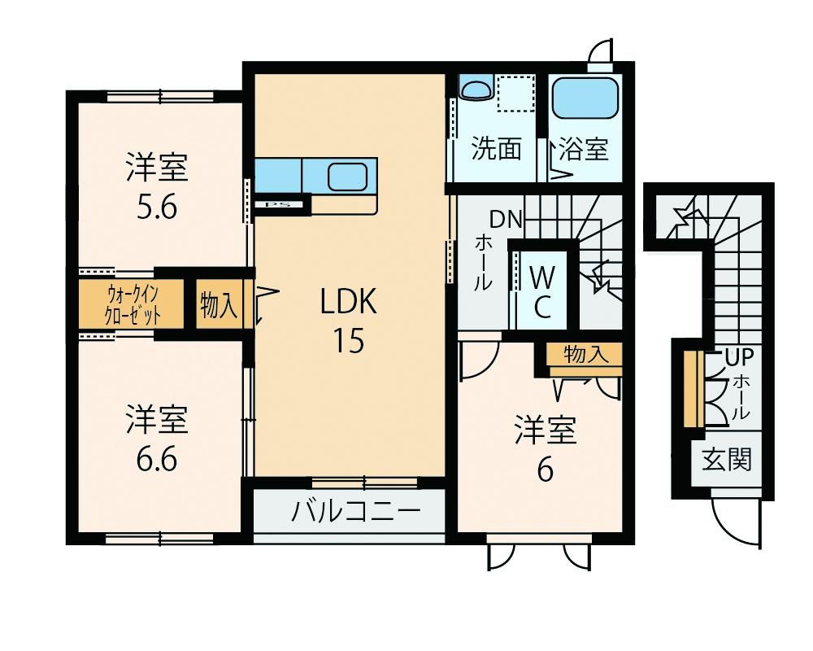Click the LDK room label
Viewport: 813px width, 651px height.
tap(349, 302)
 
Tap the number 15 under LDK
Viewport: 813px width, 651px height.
tap(349, 341)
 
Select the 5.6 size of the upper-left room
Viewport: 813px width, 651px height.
tap(157, 208)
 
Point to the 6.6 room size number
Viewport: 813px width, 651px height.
tap(157, 460)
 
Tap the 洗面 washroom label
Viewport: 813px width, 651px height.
tap(496, 149)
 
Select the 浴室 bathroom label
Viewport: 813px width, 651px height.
tap(583, 149)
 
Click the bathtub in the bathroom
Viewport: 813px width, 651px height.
tap(585, 98)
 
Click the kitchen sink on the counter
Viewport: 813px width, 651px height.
tap(347, 176)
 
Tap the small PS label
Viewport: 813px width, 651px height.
tap(277, 204)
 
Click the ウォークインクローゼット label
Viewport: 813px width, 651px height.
tap(133, 304)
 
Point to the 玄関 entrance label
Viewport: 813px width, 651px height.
tap(726, 460)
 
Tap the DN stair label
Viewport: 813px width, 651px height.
tap(506, 220)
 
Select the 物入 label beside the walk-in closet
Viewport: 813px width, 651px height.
tap(219, 304)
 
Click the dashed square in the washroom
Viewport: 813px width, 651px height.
tap(516, 93)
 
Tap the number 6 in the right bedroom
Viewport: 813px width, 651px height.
tap(545, 471)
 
